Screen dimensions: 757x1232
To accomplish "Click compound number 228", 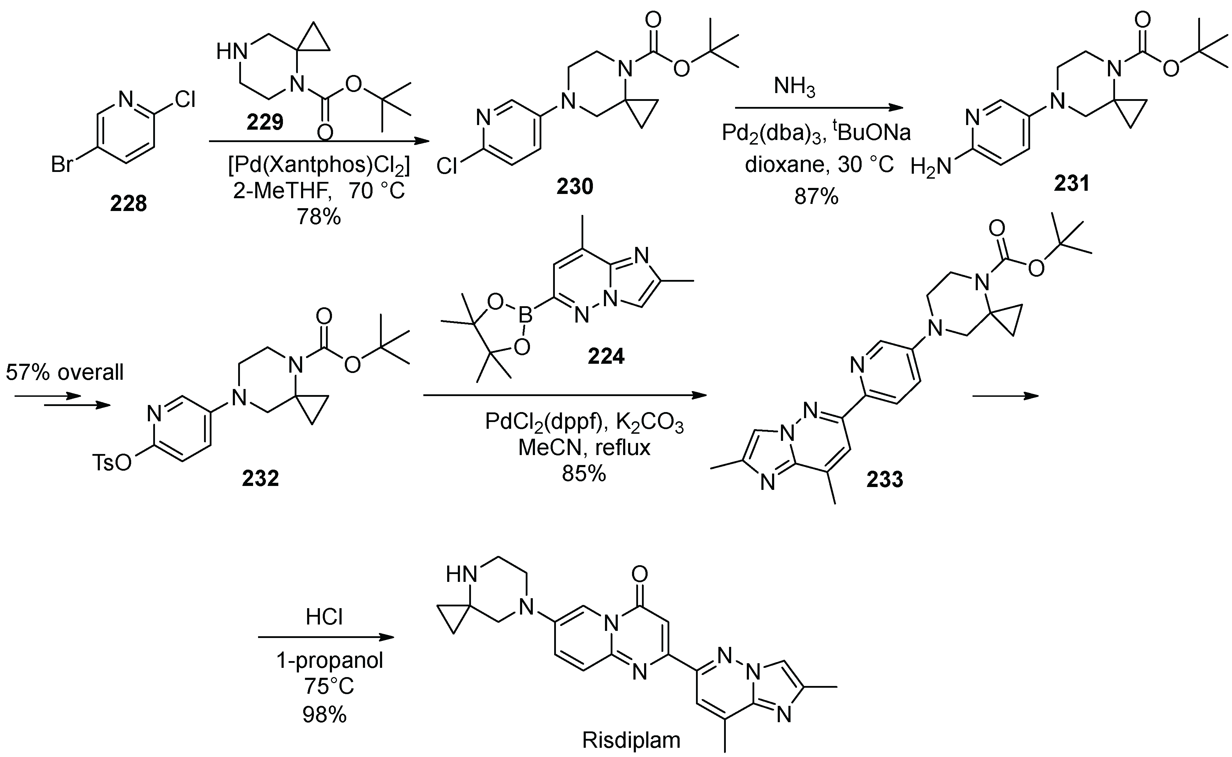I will pyautogui.click(x=129, y=204).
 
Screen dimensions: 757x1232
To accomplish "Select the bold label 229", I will pyautogui.click(x=265, y=121).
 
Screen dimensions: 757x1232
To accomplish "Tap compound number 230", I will pyautogui.click(x=574, y=186).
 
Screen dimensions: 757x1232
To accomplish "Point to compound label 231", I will pyautogui.click(x=1072, y=184).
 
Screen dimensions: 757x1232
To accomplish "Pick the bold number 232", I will pyautogui.click(x=261, y=478).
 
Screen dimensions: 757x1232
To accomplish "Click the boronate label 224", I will pyautogui.click(x=606, y=356).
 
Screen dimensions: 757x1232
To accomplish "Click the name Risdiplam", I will pyautogui.click(x=631, y=740).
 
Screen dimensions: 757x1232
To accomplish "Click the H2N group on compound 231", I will pyautogui.click(x=931, y=167).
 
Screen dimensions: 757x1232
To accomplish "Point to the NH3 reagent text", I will pyautogui.click(x=795, y=86).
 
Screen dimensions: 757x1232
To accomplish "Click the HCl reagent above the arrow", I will pyautogui.click(x=324, y=617).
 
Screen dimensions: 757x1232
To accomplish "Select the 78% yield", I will pyautogui.click(x=319, y=217).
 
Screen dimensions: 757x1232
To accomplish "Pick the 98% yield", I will pyautogui.click(x=324, y=714).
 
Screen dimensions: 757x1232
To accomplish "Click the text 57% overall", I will pyautogui.click(x=65, y=373).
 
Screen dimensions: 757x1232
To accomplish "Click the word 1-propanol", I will pyautogui.click(x=330, y=661).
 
